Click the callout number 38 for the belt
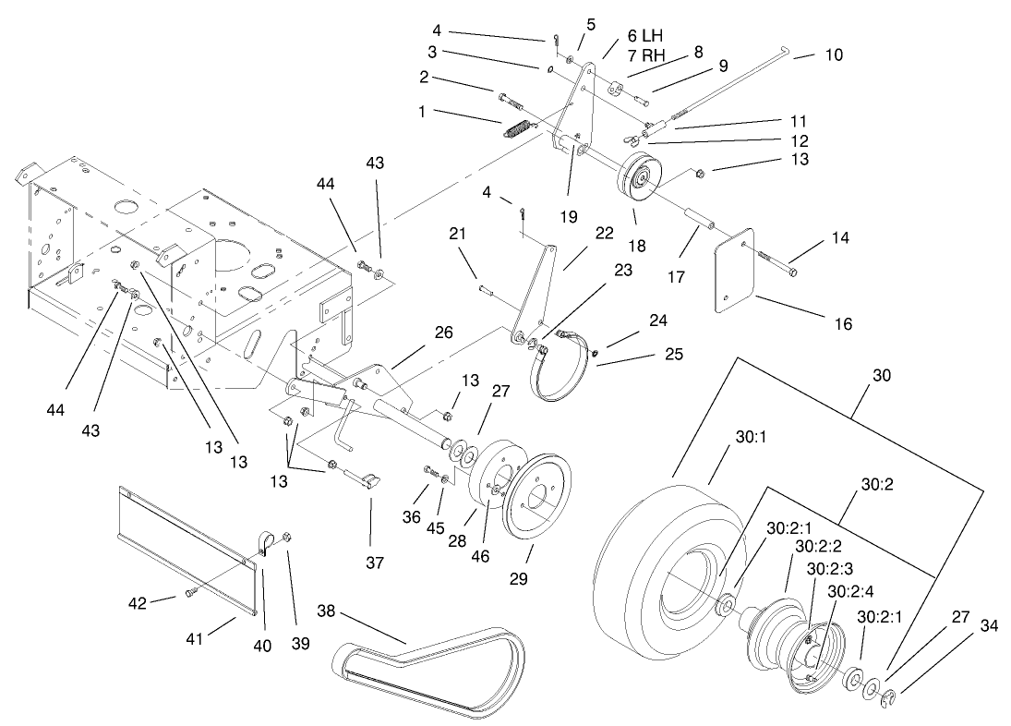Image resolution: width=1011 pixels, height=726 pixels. tap(326, 611)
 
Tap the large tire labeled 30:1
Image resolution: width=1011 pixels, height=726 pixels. tap(646, 573)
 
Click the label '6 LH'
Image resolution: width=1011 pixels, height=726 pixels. tap(646, 35)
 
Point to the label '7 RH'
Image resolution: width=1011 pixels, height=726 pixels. tap(646, 54)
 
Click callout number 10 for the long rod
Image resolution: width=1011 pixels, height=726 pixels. tap(833, 55)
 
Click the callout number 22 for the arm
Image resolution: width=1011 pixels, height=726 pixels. tap(604, 234)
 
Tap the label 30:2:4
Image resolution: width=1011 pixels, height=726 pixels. tap(849, 591)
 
